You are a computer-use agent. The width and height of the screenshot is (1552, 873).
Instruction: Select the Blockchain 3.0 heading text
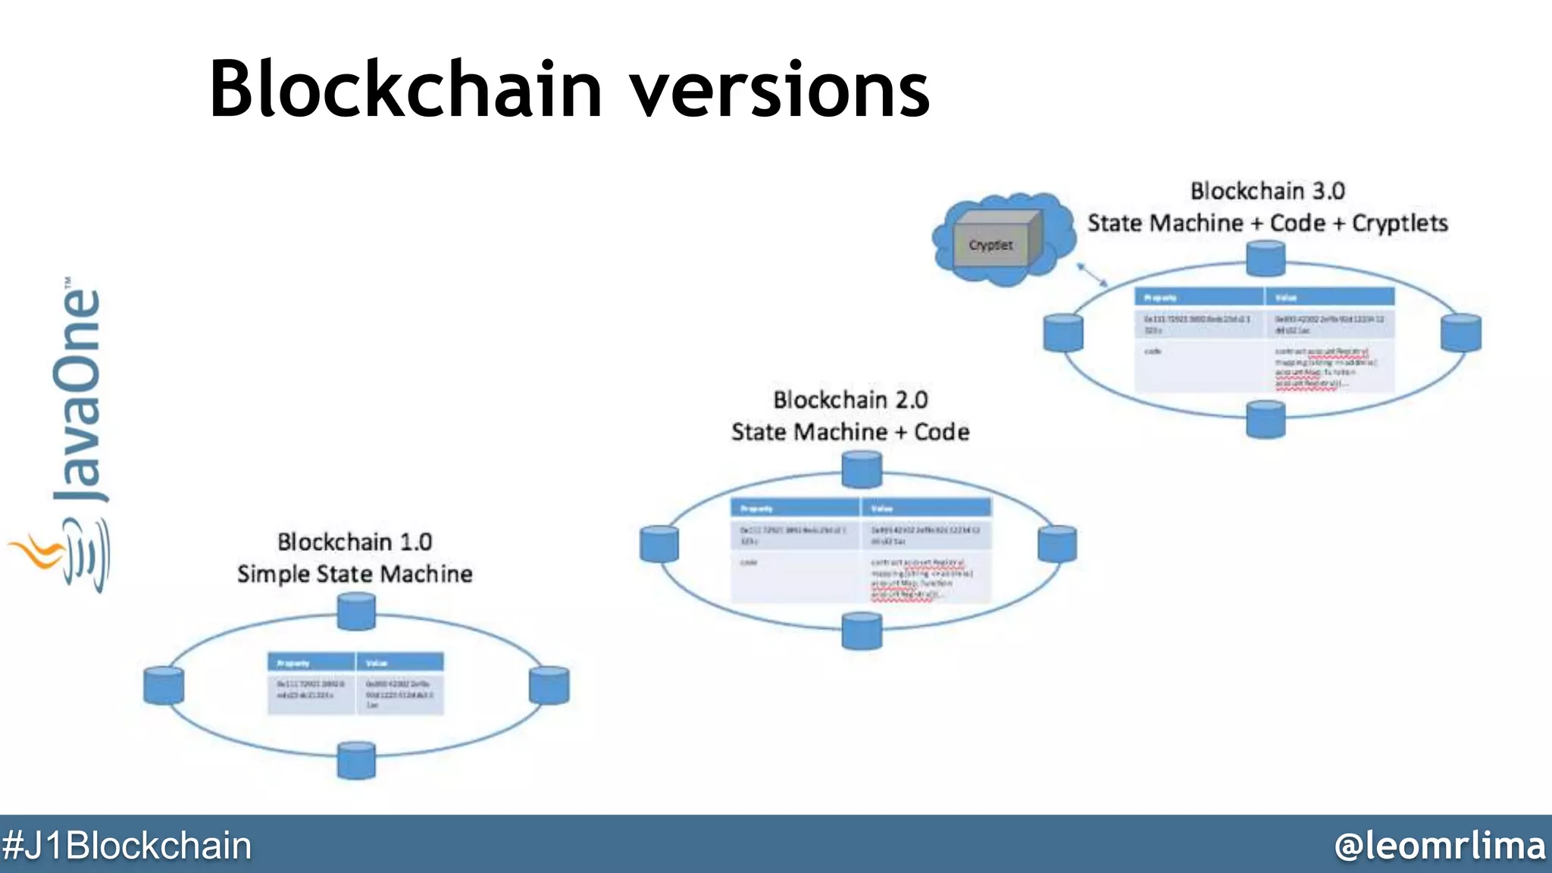[x=1268, y=191]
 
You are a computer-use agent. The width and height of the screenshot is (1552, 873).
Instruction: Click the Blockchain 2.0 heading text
[x=850, y=399]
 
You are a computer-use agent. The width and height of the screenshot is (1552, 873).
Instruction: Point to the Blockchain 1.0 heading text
[x=355, y=542]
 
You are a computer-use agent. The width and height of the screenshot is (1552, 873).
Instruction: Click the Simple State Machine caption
[x=355, y=574]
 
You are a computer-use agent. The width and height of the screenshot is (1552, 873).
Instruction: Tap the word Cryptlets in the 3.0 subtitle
[x=1400, y=223]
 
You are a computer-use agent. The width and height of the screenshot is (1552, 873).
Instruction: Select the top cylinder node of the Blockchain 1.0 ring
[x=356, y=611]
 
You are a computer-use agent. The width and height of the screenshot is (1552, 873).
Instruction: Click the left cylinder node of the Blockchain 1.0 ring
[x=164, y=685]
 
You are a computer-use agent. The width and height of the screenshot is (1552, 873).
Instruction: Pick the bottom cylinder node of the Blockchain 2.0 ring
[x=862, y=630]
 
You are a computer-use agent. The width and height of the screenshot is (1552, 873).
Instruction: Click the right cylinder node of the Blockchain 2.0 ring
[x=1057, y=543]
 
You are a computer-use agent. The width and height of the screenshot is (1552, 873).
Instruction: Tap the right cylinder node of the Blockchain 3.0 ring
[x=1460, y=332]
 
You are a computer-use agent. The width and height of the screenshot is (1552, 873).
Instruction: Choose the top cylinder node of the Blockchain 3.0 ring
[x=1266, y=258]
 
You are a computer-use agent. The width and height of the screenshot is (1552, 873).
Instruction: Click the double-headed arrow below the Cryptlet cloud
[x=1092, y=274]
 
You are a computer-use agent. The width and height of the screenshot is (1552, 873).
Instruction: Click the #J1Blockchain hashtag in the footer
[x=127, y=845]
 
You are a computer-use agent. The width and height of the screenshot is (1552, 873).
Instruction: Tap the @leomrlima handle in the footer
[x=1440, y=845]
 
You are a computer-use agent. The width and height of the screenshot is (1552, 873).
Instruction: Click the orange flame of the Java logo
[x=36, y=552]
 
